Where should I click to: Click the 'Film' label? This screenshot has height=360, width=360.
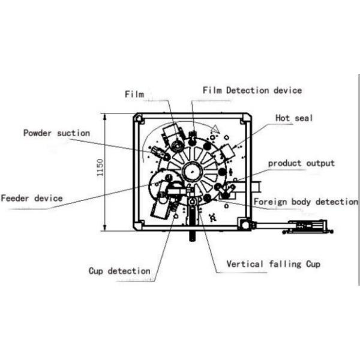coord(134,95)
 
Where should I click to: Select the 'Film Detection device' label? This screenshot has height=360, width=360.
coord(252,91)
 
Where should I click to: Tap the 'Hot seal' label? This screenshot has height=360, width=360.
coord(294,118)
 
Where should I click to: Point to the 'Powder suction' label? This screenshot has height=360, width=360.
coord(56,133)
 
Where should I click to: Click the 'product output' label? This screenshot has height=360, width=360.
coord(301,163)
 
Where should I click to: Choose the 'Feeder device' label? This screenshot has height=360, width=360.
coord(31,198)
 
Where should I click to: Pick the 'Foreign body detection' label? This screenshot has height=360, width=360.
coord(305,202)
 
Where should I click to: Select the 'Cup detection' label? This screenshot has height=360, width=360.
coord(119,271)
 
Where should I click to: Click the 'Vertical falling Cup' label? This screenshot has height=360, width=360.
coord(273,264)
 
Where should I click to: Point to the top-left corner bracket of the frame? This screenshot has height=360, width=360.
coord(139,118)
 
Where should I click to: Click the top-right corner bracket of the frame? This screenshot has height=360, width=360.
coord(245,118)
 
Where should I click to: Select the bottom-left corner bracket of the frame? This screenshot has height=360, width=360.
coord(139,226)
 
